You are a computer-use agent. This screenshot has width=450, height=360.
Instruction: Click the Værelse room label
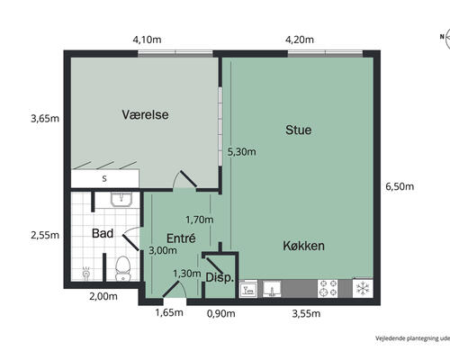[145, 114]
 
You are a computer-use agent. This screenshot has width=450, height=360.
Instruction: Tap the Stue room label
[298, 130]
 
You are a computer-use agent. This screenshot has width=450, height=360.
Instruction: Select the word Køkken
[304, 246]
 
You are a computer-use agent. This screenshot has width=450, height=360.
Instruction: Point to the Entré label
[181, 238]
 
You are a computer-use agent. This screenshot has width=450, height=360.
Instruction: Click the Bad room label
[103, 233]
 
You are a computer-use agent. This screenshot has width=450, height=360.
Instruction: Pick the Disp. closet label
[220, 277]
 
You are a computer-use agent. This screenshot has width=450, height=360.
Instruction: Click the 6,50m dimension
[400, 186]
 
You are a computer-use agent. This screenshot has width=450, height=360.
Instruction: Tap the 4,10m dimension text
[147, 40]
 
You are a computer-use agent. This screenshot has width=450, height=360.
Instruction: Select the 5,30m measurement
[242, 152]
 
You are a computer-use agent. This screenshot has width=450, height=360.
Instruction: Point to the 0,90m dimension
[221, 313]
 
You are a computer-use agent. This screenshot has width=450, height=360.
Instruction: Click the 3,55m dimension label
[306, 313]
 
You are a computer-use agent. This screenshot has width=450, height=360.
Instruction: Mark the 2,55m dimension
[45, 235]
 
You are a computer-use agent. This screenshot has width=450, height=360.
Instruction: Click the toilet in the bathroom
[123, 268]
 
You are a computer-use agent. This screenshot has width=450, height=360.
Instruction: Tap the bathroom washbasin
[121, 200]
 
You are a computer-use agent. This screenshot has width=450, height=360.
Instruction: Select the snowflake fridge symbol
[363, 288]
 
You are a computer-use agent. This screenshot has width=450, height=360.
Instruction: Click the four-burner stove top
[328, 288]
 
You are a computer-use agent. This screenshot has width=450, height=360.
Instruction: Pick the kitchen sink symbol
[272, 289]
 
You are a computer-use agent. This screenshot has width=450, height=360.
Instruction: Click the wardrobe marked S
[104, 179]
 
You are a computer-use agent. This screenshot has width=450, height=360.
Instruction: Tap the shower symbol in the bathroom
[86, 274]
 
